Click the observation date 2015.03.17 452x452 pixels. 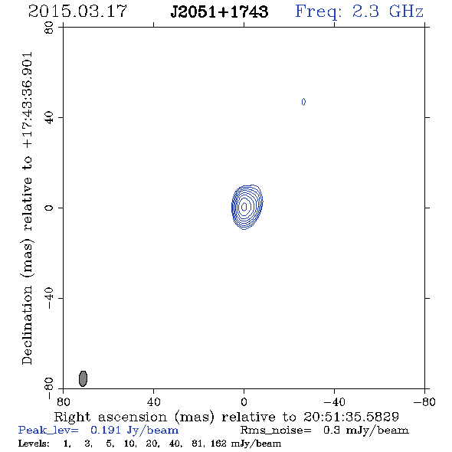(x=77, y=11)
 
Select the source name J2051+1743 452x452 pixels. (x=219, y=11)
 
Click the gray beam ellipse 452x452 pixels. (x=83, y=378)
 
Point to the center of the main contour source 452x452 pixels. (x=244, y=207)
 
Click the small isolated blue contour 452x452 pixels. (x=303, y=102)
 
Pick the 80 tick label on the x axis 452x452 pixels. (x=63, y=401)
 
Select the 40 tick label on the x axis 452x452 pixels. (x=153, y=401)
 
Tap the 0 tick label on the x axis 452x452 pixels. (x=244, y=401)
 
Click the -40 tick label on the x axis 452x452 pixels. (x=334, y=401)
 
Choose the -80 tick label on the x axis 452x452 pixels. (x=424, y=401)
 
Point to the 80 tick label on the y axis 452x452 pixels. (x=49, y=28)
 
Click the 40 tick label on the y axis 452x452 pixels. (x=49, y=118)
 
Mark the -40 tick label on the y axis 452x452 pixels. (x=49, y=298)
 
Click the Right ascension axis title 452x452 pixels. (x=227, y=417)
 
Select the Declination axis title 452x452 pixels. (x=28, y=208)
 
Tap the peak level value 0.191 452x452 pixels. (x=106, y=430)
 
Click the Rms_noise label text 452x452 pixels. (x=276, y=431)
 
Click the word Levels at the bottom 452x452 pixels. (x=34, y=443)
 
